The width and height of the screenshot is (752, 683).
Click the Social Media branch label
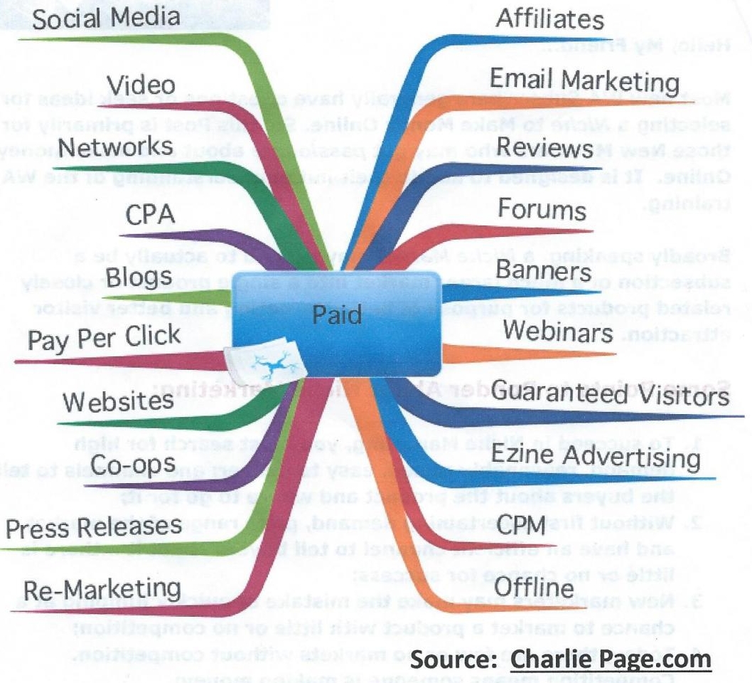pyautogui.click(x=106, y=18)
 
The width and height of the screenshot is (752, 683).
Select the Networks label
pyautogui.click(x=116, y=146)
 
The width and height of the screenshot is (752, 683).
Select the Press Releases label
pyautogui.click(x=93, y=527)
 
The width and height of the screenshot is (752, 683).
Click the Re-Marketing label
pyautogui.click(x=102, y=589)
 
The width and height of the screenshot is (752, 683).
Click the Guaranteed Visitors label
pyautogui.click(x=610, y=393)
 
